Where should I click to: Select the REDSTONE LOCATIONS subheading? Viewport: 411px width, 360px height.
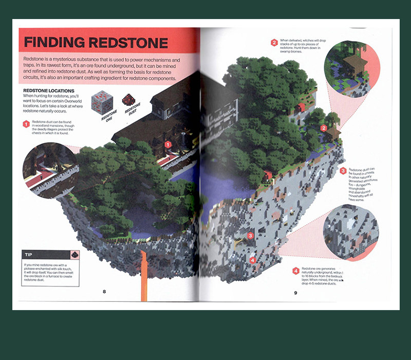click(50, 91)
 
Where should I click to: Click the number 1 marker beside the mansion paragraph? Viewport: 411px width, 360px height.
click(26, 123)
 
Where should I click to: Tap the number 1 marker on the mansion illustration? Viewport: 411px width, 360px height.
click(167, 145)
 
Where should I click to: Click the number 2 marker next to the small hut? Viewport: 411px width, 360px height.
click(324, 128)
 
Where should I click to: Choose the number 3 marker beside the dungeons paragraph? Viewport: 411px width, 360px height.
click(343, 171)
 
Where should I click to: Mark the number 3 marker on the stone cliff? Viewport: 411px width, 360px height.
click(250, 236)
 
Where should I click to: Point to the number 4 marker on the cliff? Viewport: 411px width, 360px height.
click(253, 260)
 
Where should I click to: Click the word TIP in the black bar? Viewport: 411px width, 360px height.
click(30, 255)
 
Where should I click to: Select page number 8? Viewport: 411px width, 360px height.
click(104, 292)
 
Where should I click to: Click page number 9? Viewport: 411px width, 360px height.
click(295, 293)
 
